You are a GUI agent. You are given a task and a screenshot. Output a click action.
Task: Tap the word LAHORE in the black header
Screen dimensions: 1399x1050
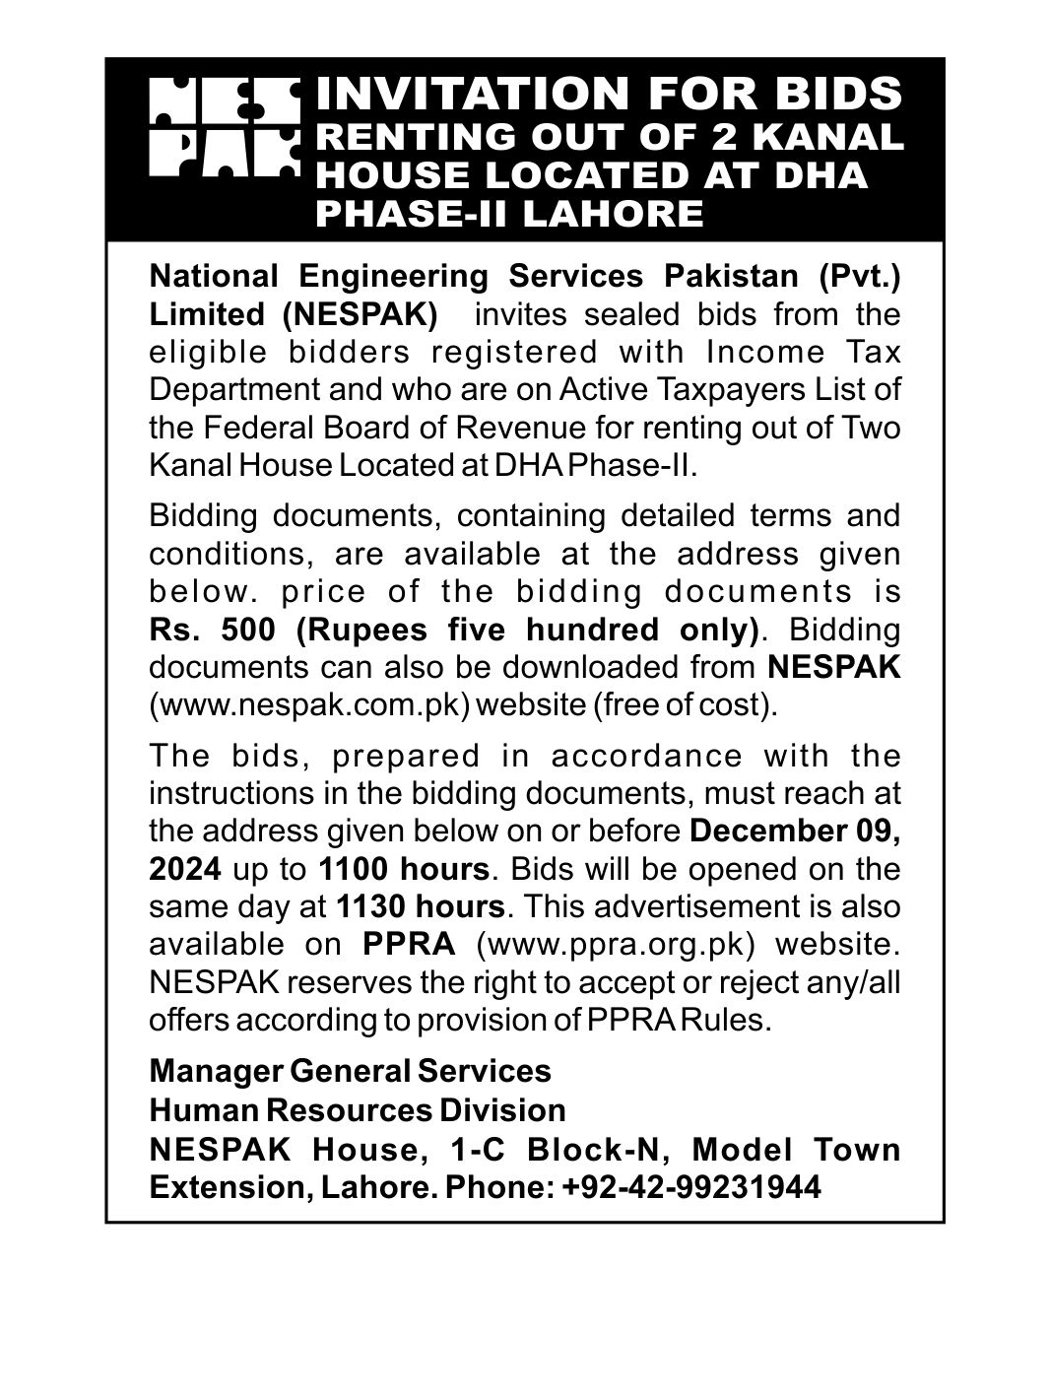click(613, 213)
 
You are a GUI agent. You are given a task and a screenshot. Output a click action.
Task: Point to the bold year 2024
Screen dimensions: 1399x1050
click(184, 869)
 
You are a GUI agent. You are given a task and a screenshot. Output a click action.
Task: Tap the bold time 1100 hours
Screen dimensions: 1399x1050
click(403, 869)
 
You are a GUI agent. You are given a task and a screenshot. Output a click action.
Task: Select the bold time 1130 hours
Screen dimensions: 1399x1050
click(420, 906)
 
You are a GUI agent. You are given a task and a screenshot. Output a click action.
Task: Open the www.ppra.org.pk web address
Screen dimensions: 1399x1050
click(615, 944)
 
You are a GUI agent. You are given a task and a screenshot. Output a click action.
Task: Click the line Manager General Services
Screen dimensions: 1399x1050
click(350, 1070)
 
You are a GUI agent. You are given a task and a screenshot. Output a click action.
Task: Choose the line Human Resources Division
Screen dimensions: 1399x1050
click(358, 1110)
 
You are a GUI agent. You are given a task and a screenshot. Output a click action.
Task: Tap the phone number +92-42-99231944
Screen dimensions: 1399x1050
click(691, 1188)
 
